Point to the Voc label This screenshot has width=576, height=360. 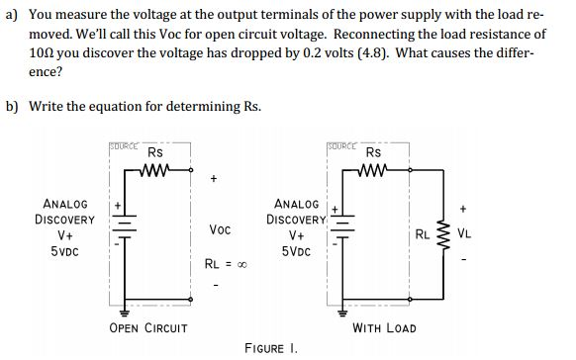pos(221,228)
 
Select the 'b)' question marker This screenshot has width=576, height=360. pos(12,106)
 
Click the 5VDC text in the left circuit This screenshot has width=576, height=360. pos(65,254)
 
